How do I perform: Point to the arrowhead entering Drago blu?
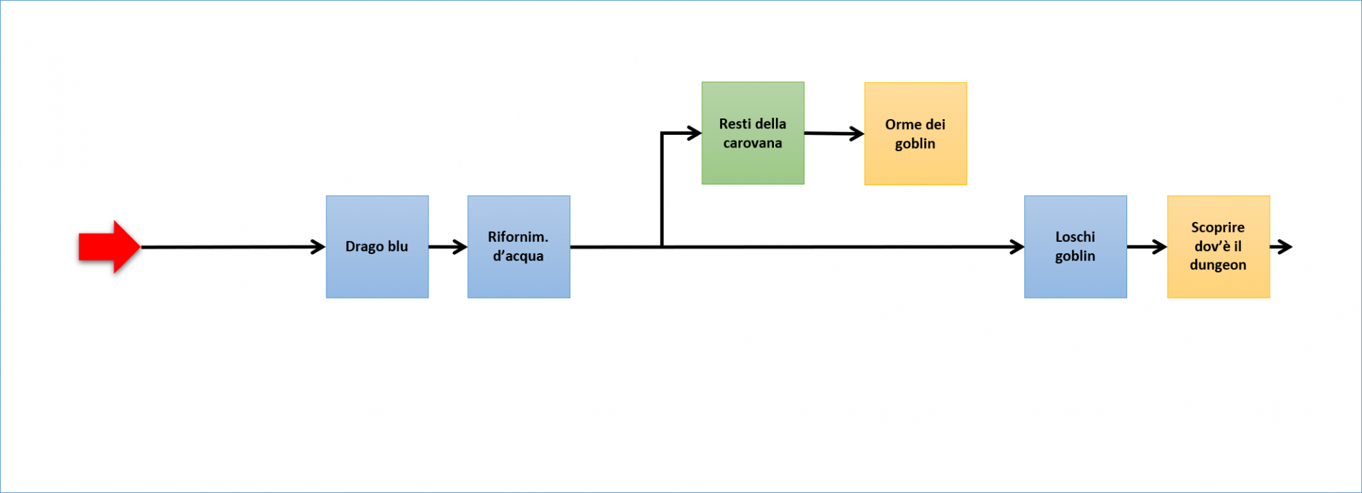(x=319, y=247)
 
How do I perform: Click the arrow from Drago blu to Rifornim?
(x=448, y=247)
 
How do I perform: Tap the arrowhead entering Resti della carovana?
(x=694, y=133)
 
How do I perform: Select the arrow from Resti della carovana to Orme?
(x=834, y=133)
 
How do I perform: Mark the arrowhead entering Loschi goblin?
(x=1017, y=247)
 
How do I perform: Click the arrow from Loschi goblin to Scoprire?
(x=1146, y=247)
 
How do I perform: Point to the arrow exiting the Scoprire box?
(x=1282, y=247)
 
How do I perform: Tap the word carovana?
(x=753, y=143)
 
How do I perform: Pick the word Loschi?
(x=1075, y=237)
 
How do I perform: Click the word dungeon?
(x=1218, y=265)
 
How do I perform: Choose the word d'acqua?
(x=519, y=256)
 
